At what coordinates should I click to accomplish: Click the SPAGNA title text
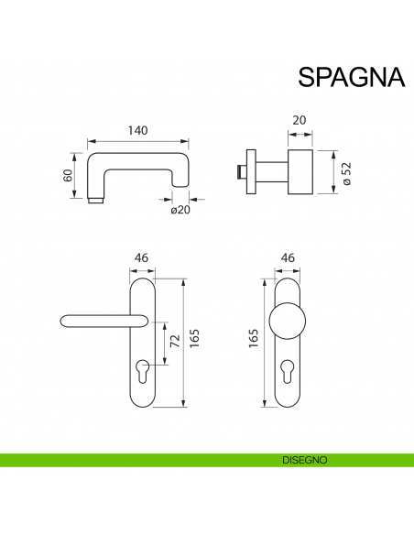tap(351, 77)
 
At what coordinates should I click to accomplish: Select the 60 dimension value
tap(68, 176)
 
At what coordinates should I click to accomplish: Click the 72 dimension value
tap(173, 344)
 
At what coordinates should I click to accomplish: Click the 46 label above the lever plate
tap(141, 259)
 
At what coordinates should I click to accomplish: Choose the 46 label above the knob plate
tap(287, 259)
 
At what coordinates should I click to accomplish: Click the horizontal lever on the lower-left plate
tap(101, 320)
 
